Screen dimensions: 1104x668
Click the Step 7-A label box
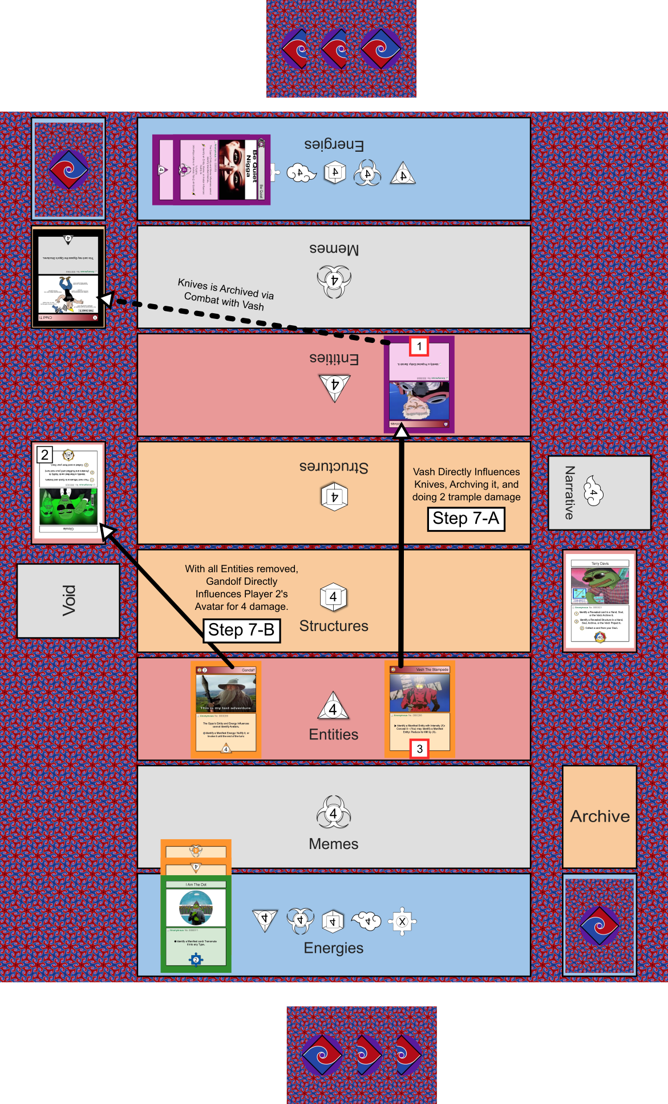466,519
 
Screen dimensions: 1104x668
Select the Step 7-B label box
241,630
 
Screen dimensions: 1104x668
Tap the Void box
68,600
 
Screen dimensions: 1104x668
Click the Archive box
600,816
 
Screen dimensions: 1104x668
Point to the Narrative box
599,493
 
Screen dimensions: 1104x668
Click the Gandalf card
226,710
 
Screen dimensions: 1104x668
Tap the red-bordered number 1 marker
419,346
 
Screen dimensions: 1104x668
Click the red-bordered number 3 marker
420,749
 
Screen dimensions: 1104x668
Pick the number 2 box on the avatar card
44,455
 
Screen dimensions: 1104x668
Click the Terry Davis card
600,600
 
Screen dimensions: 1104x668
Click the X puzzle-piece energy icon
402,921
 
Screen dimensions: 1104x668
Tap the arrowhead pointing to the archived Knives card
106,299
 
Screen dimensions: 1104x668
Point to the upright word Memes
333,844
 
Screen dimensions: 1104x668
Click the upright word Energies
333,948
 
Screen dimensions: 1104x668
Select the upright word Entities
333,734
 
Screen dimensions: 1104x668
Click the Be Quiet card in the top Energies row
211,169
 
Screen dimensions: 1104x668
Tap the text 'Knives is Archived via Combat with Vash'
225,294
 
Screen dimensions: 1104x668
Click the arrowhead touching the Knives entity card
402,432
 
